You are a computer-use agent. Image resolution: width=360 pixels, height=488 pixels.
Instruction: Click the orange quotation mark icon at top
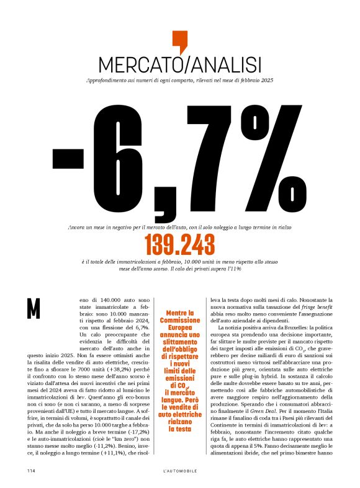(179, 42)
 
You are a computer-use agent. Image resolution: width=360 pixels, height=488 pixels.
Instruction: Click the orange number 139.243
(179, 245)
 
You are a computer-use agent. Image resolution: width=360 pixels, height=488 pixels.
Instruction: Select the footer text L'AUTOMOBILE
(180, 471)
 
